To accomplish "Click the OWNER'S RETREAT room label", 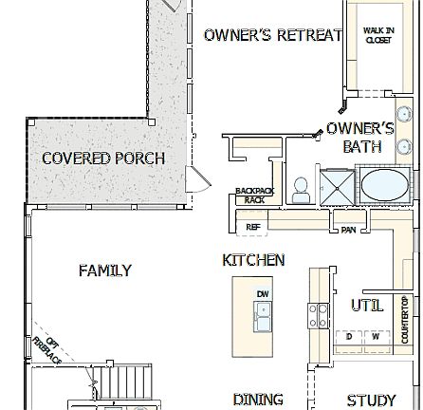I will (x=273, y=35).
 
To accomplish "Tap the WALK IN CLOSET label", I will (x=378, y=36).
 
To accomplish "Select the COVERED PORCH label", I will (x=103, y=158).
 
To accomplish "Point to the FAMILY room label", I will (x=104, y=270).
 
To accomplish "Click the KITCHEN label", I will (x=253, y=259).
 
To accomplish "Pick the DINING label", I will (x=257, y=400).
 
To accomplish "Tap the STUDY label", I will (x=371, y=400).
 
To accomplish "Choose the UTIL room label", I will (x=367, y=305).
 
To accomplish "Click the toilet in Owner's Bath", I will (x=301, y=190).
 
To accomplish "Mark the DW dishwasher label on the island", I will (x=263, y=294).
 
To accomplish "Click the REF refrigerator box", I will (x=252, y=228).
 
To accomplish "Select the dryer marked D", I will (x=350, y=336).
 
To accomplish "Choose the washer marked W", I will (x=376, y=336).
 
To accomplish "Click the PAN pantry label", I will (x=348, y=230).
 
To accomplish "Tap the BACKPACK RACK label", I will (x=253, y=196).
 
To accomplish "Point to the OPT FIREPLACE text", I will (x=47, y=349).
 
